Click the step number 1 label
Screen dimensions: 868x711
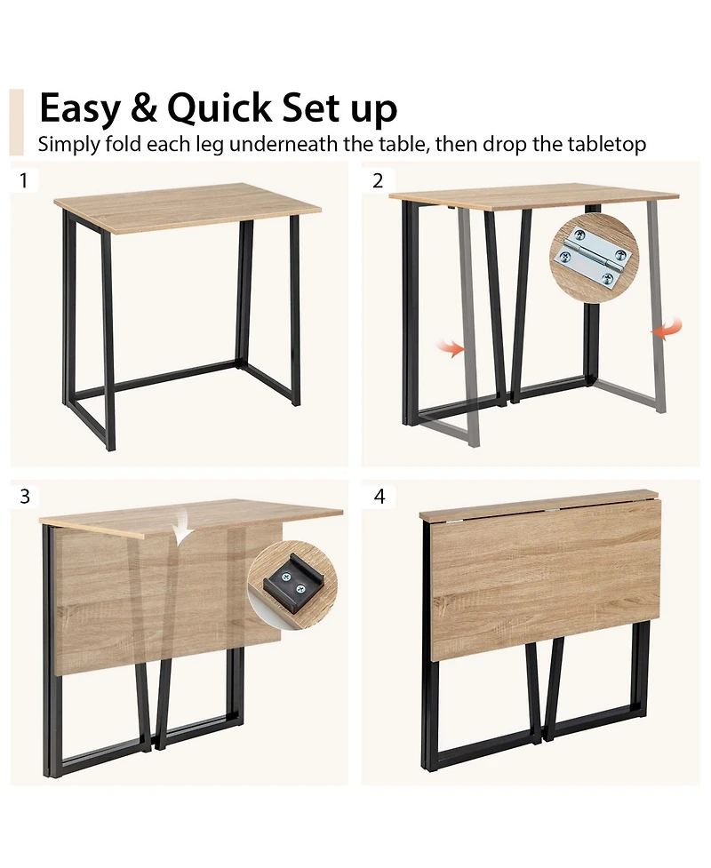click(x=24, y=181)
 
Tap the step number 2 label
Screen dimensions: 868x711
click(x=379, y=181)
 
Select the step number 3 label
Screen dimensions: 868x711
click(x=25, y=496)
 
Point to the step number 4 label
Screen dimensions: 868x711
click(x=379, y=496)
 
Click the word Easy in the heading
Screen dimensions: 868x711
click(x=78, y=109)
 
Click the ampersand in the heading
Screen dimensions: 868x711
click(x=144, y=109)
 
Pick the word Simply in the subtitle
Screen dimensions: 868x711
click(x=68, y=145)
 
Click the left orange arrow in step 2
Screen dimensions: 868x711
click(x=454, y=349)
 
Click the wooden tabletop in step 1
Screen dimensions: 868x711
click(x=187, y=206)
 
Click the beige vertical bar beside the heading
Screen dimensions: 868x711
click(x=16, y=122)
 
